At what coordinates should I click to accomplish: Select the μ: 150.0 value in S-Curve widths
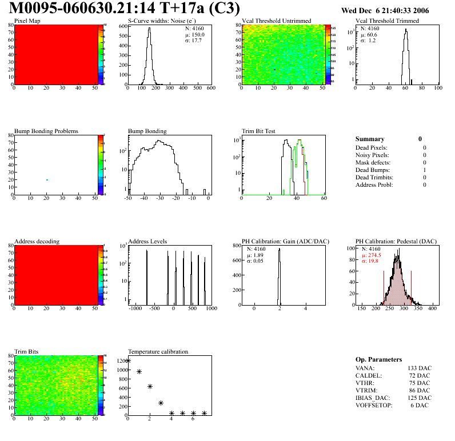click(x=195, y=34)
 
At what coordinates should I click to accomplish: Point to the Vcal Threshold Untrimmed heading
click(x=276, y=21)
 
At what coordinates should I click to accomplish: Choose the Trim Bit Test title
click(x=258, y=131)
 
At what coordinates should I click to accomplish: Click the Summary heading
click(x=370, y=139)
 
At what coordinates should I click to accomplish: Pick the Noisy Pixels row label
click(x=372, y=155)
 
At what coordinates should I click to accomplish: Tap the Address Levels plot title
click(x=147, y=242)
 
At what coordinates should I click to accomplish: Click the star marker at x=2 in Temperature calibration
click(x=150, y=387)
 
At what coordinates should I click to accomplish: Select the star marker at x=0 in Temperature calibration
click(x=128, y=361)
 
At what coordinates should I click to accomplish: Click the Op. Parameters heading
click(x=378, y=360)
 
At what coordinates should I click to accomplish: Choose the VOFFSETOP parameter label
click(x=374, y=405)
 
